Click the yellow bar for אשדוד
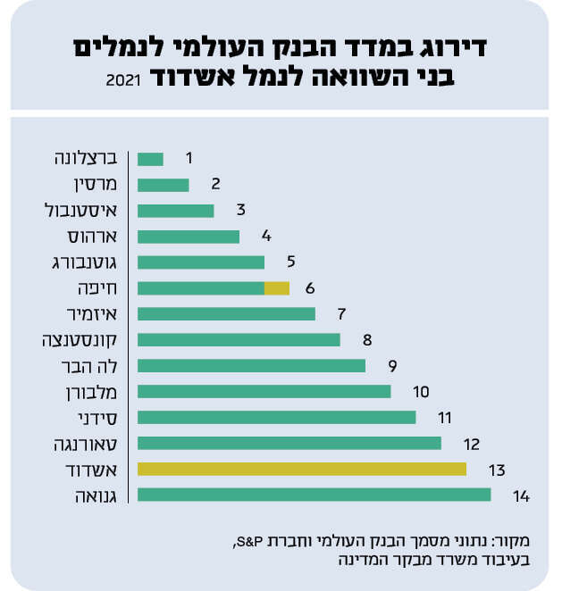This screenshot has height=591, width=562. point(302,469)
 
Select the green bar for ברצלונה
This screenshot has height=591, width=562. point(151,159)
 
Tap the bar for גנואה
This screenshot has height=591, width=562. point(315,495)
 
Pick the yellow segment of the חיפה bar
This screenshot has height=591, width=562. point(277,288)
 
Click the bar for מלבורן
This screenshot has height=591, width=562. point(264,391)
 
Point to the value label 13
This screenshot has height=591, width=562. point(498,469)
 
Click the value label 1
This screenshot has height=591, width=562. point(189,158)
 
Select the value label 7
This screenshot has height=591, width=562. point(340,313)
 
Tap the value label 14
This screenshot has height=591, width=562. point(523,495)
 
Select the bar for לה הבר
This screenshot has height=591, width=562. point(252,365)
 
